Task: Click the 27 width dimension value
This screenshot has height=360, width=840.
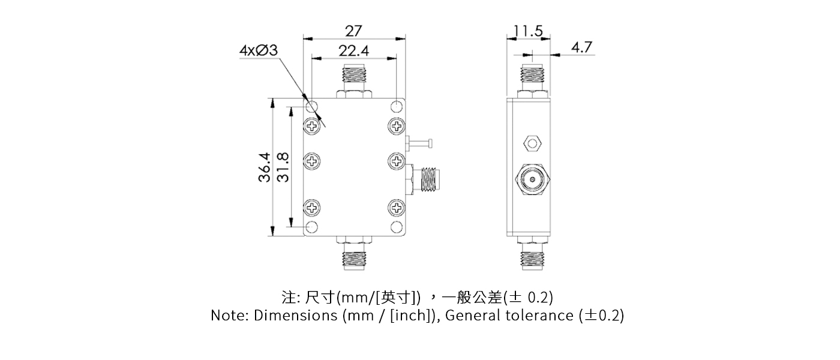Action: pyautogui.click(x=353, y=30)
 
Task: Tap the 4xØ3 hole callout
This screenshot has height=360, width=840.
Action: pyautogui.click(x=258, y=51)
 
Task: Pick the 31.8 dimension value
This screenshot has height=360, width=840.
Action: pyautogui.click(x=283, y=167)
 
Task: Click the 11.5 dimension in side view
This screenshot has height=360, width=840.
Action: pyautogui.click(x=529, y=31)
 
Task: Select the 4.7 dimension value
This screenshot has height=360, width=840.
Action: pyautogui.click(x=581, y=47)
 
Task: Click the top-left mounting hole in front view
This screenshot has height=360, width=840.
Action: pyautogui.click(x=312, y=107)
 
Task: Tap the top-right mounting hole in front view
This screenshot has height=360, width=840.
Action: pyautogui.click(x=397, y=107)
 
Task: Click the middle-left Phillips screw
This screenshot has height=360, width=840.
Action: pyautogui.click(x=313, y=161)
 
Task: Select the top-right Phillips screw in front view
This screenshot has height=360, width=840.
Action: pyautogui.click(x=397, y=126)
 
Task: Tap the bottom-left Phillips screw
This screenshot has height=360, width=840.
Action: pyautogui.click(x=313, y=208)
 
